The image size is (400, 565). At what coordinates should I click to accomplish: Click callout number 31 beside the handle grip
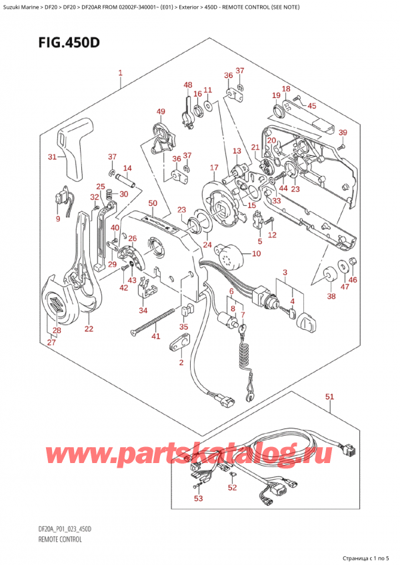coord(53,157)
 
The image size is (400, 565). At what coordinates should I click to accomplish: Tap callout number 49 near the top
coord(161,111)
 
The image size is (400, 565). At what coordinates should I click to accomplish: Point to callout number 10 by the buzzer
coord(257,254)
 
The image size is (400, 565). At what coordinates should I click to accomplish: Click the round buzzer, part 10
coord(232,254)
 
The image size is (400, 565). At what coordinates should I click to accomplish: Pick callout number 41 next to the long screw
coord(155,336)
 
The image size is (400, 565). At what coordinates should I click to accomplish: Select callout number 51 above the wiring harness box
coord(329,397)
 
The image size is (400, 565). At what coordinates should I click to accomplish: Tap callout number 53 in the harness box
coord(197,498)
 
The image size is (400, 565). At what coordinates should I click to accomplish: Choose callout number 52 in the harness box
coord(232,487)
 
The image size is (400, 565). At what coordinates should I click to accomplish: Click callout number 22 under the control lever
coord(89,328)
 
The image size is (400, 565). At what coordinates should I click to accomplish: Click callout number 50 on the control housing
coord(152,203)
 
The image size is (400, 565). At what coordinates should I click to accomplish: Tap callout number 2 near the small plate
coord(180,362)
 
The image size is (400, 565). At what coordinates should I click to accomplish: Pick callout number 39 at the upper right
coord(343,132)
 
